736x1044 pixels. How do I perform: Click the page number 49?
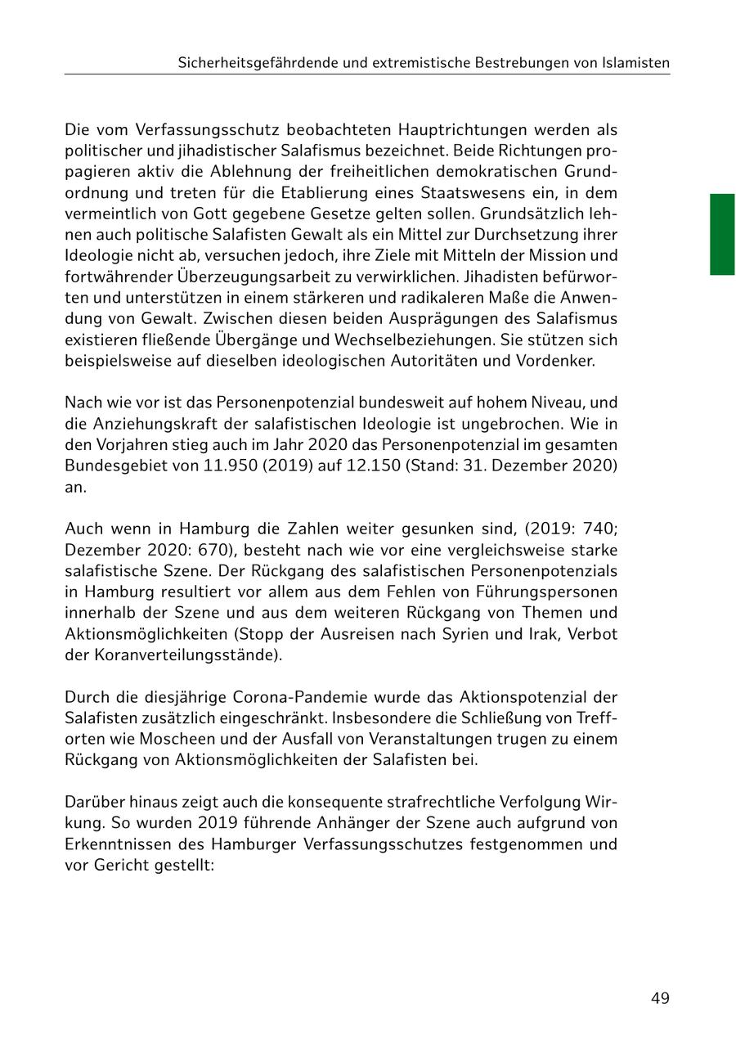(x=660, y=998)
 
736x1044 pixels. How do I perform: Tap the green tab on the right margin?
(x=722, y=234)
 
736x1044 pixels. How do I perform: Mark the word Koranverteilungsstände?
(x=179, y=654)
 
